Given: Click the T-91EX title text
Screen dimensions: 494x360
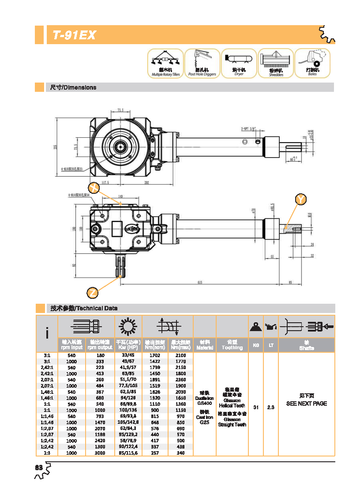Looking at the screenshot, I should tap(74, 35).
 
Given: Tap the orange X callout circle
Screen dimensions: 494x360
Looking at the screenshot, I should tap(93, 187).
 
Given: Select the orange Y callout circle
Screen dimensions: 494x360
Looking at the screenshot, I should tap(301, 200).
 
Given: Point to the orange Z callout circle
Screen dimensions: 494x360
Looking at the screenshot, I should tap(92, 292).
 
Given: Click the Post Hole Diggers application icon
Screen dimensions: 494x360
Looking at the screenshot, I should tap(202, 63).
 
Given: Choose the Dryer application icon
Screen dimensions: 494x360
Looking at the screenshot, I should tap(239, 63).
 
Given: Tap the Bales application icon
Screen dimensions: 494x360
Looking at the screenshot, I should tap(312, 63).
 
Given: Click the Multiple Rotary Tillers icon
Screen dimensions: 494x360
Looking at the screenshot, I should tap(165, 63).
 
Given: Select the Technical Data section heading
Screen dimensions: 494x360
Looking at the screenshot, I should tap(84, 308).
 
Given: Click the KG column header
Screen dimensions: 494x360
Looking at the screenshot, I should tap(256, 345).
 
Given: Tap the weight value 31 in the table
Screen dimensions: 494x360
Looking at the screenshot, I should tap(256, 407).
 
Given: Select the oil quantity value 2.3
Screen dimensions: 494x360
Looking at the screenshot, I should tap(270, 407).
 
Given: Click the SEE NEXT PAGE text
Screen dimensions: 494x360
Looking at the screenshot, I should tap(306, 403).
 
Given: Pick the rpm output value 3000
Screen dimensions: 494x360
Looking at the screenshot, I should tap(99, 453).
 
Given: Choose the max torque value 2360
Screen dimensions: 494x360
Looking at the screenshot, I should tap(181, 379).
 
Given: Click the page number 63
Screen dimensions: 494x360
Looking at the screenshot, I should tap(38, 468).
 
